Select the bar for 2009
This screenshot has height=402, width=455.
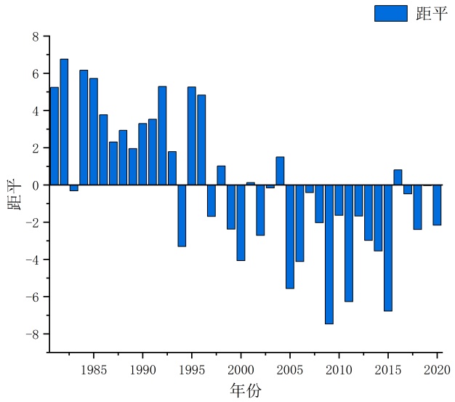329,254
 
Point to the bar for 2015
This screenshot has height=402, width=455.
388,248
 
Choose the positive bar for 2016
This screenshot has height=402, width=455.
398,177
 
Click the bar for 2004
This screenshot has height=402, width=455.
280,171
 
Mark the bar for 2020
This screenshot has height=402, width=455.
437,205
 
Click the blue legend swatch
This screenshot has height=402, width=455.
390,13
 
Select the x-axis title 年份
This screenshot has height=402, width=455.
245,390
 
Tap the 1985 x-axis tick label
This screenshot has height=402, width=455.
93,369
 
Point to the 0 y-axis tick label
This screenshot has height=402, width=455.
35,185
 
